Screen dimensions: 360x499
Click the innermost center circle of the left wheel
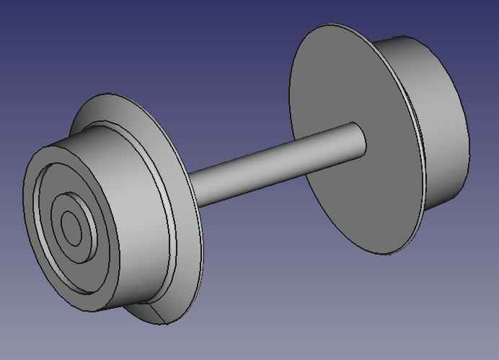tap(71, 228)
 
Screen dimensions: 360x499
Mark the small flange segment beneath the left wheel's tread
tap(155, 315)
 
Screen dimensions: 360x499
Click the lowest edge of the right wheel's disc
tap(389, 254)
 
